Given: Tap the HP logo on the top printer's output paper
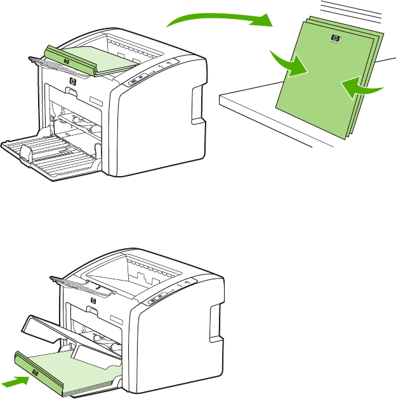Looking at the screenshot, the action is coord(66,61).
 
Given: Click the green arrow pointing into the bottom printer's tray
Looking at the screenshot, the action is coord(15,381).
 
